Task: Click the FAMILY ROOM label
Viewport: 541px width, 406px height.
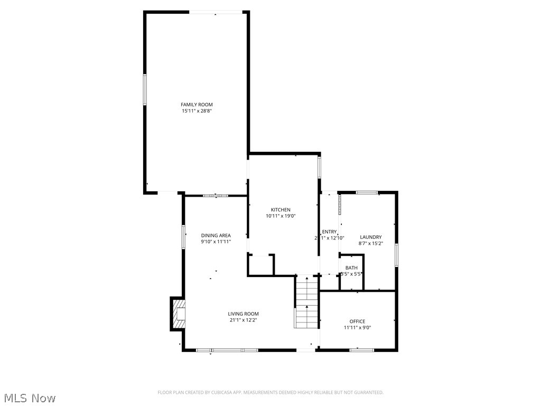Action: (197, 105)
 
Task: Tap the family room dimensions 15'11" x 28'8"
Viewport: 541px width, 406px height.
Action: (197, 111)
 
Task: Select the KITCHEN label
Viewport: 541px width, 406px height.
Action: (281, 210)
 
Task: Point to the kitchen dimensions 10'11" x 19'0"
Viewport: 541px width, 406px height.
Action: (281, 216)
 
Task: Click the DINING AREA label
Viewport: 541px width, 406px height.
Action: (216, 235)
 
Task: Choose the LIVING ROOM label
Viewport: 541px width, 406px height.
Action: (243, 314)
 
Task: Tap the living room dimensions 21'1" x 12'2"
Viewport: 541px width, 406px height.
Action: (243, 320)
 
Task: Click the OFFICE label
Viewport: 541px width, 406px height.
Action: (357, 321)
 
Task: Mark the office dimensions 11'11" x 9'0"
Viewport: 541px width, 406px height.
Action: (357, 327)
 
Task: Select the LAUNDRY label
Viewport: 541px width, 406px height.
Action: (370, 237)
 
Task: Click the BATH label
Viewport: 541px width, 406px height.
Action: (351, 268)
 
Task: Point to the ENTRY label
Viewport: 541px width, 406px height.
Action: (330, 232)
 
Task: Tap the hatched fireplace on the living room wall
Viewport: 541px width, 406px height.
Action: (178, 314)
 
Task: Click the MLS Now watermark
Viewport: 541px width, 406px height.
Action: (30, 398)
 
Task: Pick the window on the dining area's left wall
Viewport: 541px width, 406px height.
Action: (183, 236)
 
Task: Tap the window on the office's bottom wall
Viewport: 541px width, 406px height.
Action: (361, 349)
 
